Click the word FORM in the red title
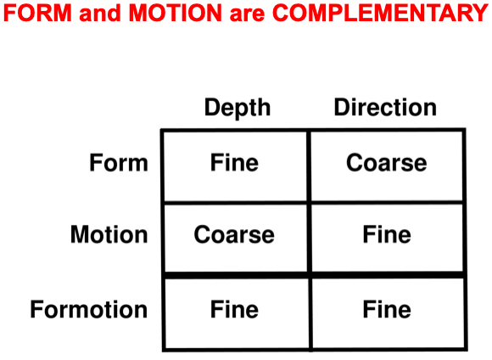(x=37, y=13)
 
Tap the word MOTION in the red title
(x=176, y=13)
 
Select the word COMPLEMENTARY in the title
(x=380, y=13)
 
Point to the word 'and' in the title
(x=100, y=14)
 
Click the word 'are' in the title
(x=247, y=15)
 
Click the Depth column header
(x=238, y=109)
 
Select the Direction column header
(x=385, y=107)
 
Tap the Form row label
(x=119, y=163)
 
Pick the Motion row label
(x=109, y=234)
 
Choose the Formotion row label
(x=89, y=309)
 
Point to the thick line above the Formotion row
(x=315, y=275)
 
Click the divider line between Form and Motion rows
(x=313, y=203)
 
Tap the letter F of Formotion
(x=36, y=309)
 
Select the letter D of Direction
(x=343, y=108)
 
